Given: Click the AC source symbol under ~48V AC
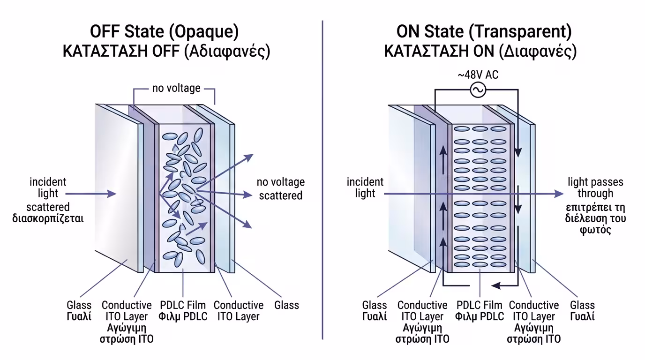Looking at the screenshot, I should [x=479, y=90].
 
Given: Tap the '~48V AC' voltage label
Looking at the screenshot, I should [x=479, y=75].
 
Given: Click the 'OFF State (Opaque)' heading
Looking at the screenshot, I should [x=165, y=32].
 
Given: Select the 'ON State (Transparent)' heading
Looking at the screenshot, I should [x=484, y=32].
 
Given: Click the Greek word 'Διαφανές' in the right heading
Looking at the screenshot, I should [x=539, y=51].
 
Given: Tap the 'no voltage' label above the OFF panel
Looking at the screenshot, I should [x=176, y=88].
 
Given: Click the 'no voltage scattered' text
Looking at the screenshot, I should [x=281, y=188].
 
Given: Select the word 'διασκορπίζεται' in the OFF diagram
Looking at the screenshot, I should [x=48, y=218].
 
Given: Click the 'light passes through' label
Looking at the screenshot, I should [x=595, y=187].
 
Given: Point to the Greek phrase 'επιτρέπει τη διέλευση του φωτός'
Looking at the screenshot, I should [x=595, y=218].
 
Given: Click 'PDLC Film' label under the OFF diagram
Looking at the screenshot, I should [x=183, y=305].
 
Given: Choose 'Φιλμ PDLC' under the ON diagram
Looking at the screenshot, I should [x=480, y=316].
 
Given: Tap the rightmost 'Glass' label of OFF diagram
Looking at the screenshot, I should [x=286, y=305].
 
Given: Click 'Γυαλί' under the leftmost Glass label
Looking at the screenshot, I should [x=79, y=316].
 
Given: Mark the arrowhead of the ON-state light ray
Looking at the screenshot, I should [x=559, y=194].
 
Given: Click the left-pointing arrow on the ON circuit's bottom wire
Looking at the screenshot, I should [x=495, y=285].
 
